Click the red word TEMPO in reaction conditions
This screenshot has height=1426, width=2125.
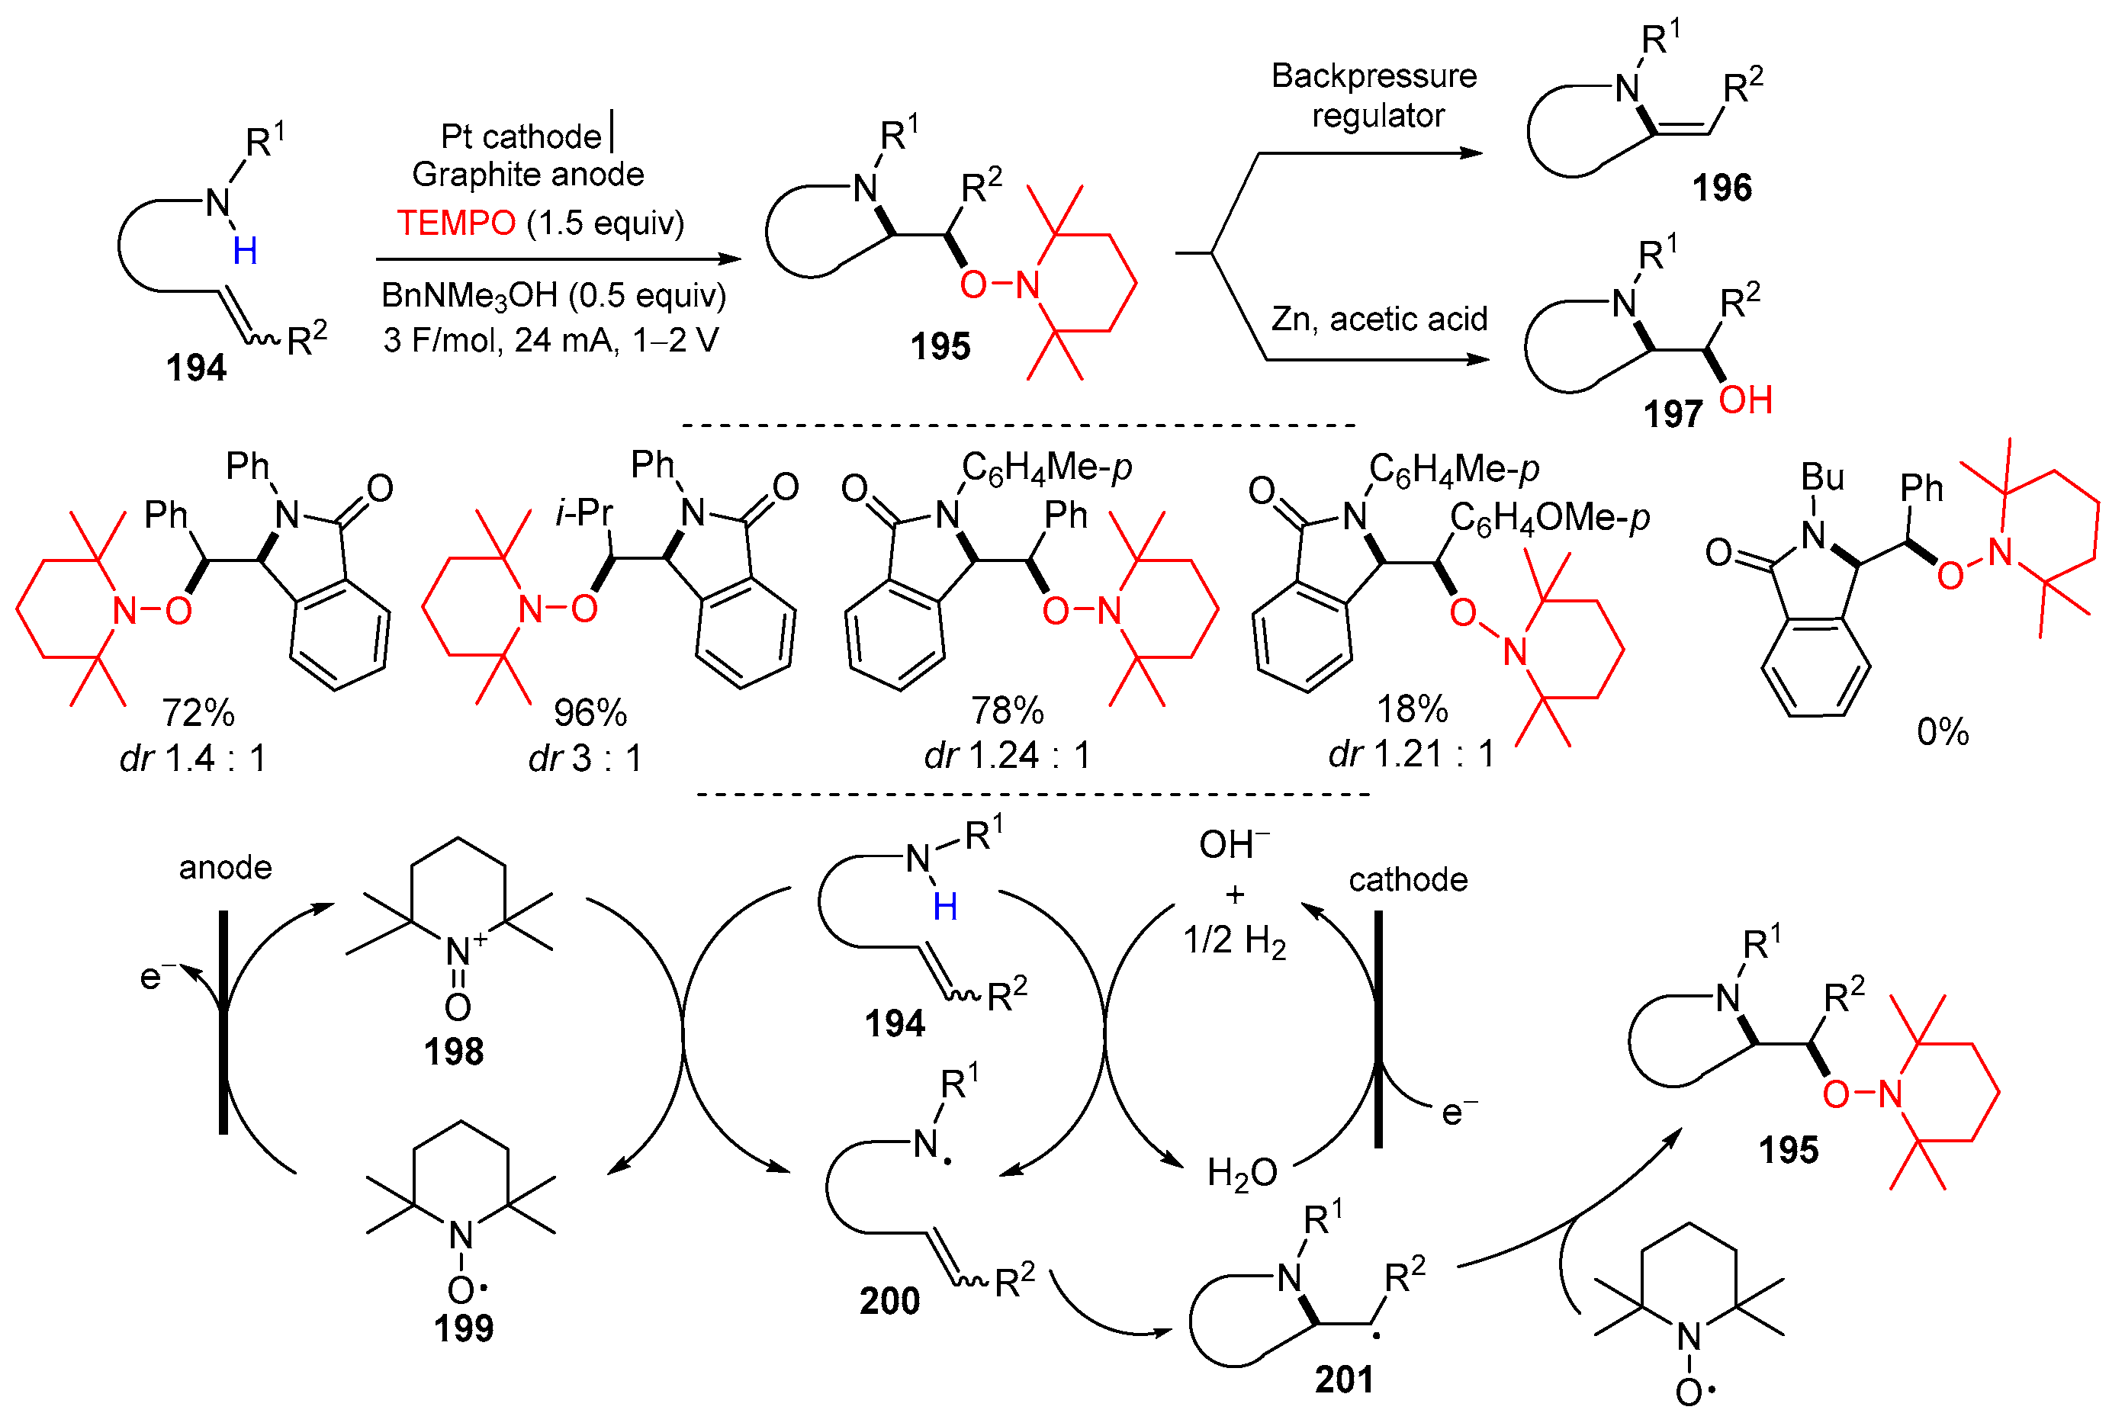[456, 223]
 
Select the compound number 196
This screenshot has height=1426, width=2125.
[1721, 188]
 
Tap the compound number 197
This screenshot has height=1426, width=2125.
[1672, 415]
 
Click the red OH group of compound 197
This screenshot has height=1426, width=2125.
[1744, 400]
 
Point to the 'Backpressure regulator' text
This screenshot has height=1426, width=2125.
[1374, 95]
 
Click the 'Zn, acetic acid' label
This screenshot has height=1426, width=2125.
[1379, 320]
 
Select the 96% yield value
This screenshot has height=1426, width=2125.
[590, 713]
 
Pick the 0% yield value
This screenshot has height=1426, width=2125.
[1942, 732]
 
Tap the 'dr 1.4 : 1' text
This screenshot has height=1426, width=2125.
[193, 757]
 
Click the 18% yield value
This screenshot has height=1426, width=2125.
[1412, 709]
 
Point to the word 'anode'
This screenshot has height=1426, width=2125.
[225, 868]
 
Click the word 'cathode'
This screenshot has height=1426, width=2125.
[1407, 880]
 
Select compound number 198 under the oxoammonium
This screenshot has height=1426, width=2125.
[453, 1052]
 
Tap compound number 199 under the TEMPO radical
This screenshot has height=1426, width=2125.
[463, 1328]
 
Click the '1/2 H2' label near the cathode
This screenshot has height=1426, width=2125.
[1234, 940]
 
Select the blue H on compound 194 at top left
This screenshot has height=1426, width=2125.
[245, 251]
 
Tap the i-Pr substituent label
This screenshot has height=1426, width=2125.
[584, 513]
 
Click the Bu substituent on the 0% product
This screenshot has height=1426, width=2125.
[1822, 477]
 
